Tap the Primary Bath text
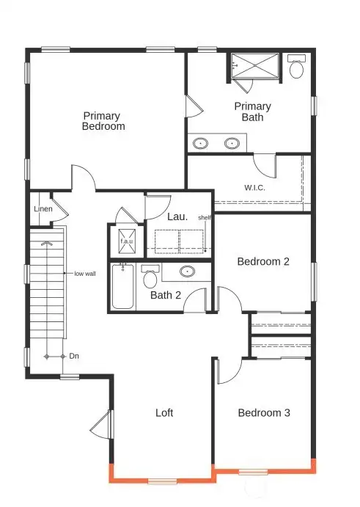[252, 112]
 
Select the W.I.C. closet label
[254, 187]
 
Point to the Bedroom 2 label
[264, 261]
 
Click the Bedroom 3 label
[264, 413]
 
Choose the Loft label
[164, 413]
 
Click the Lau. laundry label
[177, 216]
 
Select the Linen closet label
[43, 209]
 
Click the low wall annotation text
[84, 274]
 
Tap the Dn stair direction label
[73, 356]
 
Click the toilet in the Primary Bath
[296, 68]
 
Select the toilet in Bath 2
[150, 278]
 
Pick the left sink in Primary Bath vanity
[202, 143]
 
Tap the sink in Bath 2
[188, 272]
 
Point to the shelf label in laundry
[205, 217]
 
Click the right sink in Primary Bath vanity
[233, 143]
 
